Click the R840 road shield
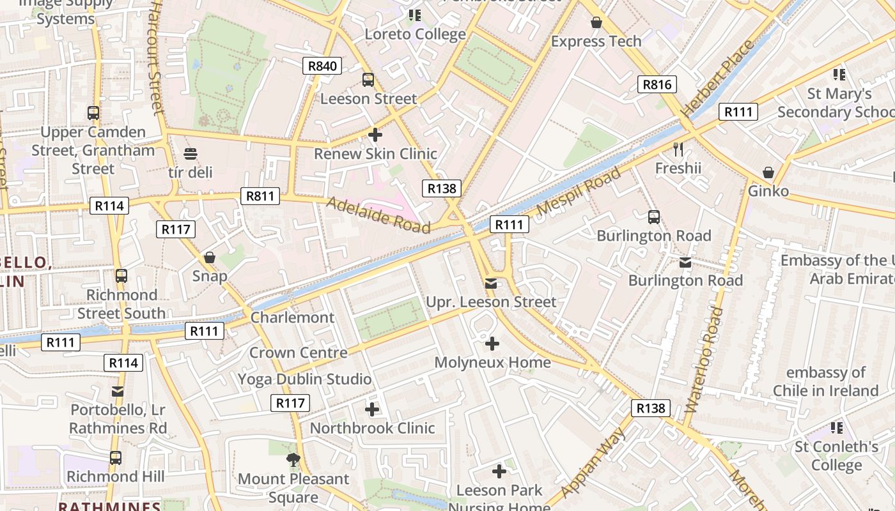pyautogui.click(x=322, y=66)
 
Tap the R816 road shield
pyautogui.click(x=657, y=84)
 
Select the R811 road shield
pyautogui.click(x=260, y=196)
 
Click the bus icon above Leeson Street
pyautogui.click(x=368, y=80)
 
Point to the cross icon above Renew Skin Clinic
pyautogui.click(x=375, y=135)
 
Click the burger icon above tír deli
pyautogui.click(x=191, y=154)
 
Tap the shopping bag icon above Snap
pyautogui.click(x=210, y=257)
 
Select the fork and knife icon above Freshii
pyautogui.click(x=678, y=149)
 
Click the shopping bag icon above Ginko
pyautogui.click(x=768, y=172)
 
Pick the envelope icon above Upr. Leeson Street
pyautogui.click(x=491, y=283)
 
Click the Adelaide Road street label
pyautogui.click(x=378, y=215)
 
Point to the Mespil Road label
pyautogui.click(x=579, y=191)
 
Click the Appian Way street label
pyautogui.click(x=595, y=462)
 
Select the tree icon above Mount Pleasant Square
pyautogui.click(x=293, y=459)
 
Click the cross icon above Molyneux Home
pyautogui.click(x=492, y=344)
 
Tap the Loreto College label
pyautogui.click(x=415, y=34)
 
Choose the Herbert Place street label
pyautogui.click(x=719, y=78)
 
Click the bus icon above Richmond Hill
pyautogui.click(x=116, y=458)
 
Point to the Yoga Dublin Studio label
pyautogui.click(x=304, y=379)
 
